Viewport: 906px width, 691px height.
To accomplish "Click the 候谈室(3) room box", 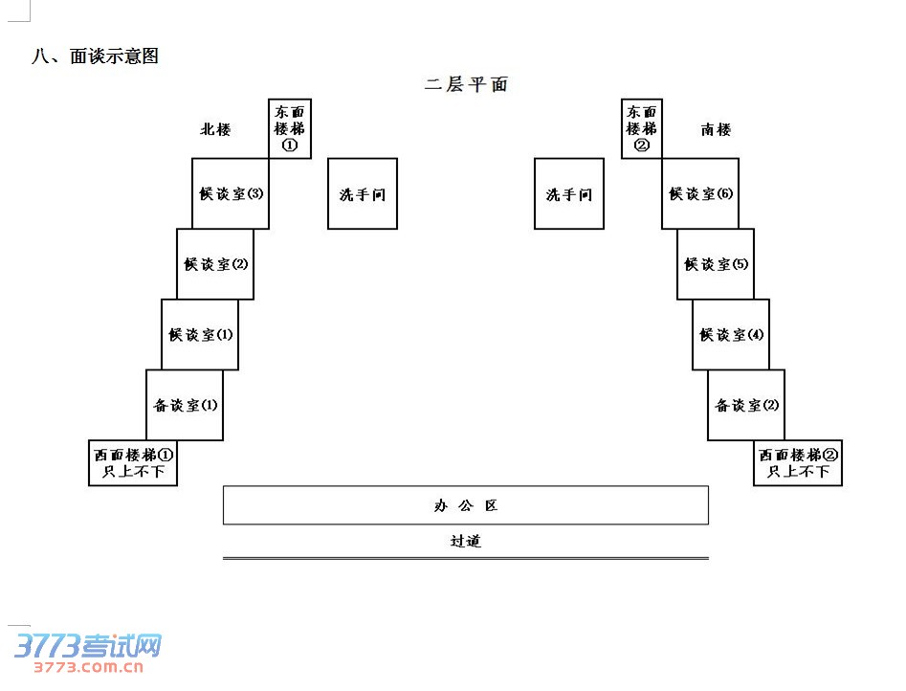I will click(231, 193).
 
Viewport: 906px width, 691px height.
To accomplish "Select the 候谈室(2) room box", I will click(215, 264).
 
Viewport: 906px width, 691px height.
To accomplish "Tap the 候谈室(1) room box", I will click(200, 335).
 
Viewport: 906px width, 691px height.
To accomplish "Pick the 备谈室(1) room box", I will click(185, 405).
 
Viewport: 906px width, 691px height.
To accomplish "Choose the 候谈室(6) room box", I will click(700, 193).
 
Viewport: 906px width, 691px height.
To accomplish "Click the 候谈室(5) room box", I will click(716, 264).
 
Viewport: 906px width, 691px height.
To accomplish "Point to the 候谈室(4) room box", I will click(731, 335).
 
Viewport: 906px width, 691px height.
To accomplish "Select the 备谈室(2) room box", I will click(746, 405).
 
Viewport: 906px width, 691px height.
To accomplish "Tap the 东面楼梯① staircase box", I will click(290, 128).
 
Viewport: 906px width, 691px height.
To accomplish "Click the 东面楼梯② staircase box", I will click(641, 128).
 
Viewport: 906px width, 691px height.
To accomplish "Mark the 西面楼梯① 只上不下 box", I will click(133, 463).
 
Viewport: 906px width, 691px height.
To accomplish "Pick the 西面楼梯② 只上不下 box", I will click(798, 463).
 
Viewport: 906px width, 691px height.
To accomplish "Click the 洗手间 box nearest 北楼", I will click(363, 194).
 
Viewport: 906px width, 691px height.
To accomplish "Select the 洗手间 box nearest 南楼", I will click(569, 194).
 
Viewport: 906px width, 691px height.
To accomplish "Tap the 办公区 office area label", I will click(466, 505).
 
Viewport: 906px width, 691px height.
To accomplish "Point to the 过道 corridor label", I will click(466, 541).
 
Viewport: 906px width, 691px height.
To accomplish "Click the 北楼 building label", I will click(215, 129).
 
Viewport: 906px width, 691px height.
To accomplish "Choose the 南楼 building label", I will click(716, 129).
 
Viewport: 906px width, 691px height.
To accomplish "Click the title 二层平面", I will click(466, 84).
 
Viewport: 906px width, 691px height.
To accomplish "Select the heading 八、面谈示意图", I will click(95, 56).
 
